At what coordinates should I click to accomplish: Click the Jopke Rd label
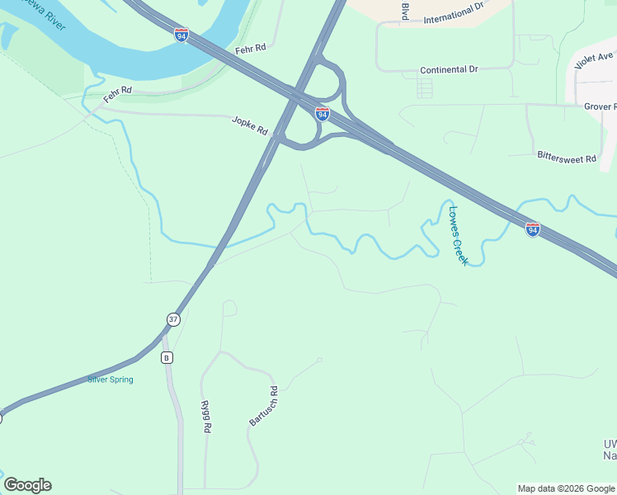point(250,125)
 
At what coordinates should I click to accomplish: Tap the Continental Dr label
point(449,70)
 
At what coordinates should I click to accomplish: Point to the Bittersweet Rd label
point(566,156)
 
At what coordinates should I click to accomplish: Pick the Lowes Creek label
point(458,234)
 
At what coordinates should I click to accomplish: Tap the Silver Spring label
point(111,379)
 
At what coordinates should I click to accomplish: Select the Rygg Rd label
point(207,417)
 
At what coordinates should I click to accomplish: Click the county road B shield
point(167,357)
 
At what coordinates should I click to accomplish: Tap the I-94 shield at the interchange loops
point(323,113)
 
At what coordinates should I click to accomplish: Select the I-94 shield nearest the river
point(181,34)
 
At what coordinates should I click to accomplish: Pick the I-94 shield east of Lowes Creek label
point(533,229)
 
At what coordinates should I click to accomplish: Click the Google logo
point(27,485)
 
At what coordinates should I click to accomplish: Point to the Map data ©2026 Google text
point(565,488)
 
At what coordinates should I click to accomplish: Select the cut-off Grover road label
point(600,106)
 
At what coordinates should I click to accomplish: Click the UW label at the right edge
point(610,445)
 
